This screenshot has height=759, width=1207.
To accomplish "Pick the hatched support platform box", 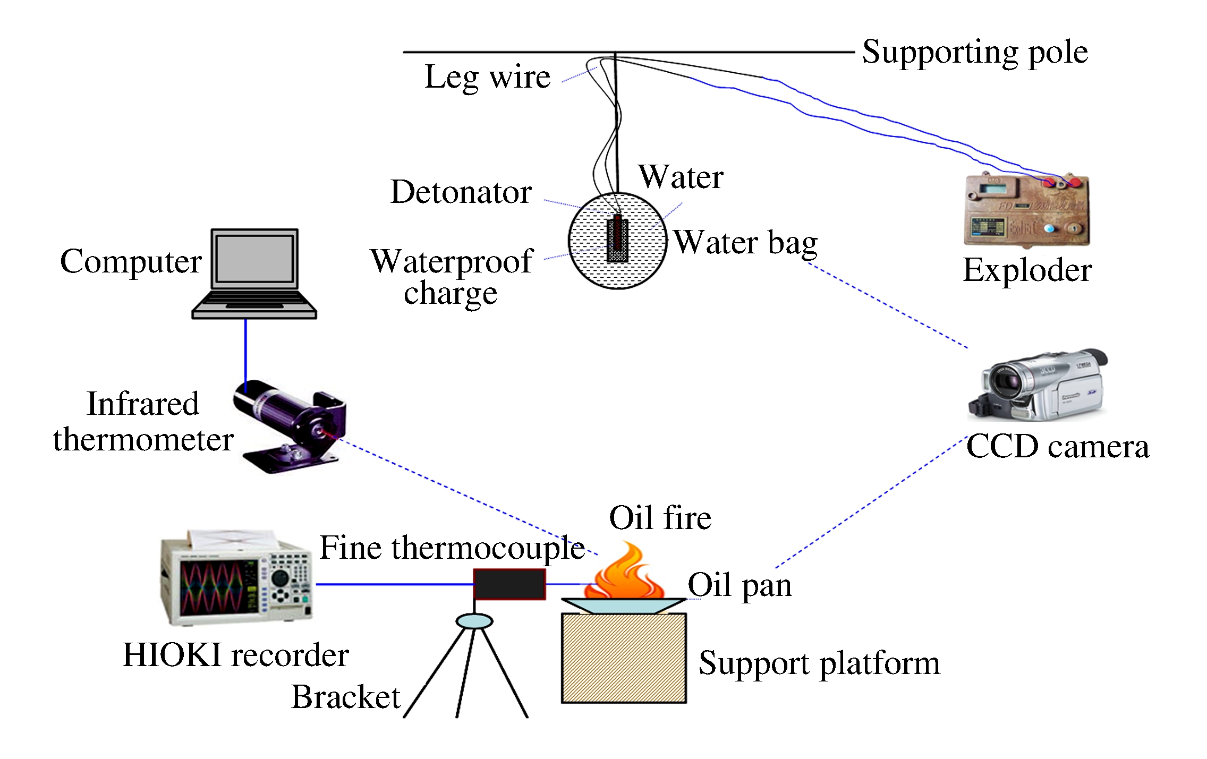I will [624, 658].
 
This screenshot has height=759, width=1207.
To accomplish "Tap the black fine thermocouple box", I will [509, 584].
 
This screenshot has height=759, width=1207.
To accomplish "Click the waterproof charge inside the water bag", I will [617, 240].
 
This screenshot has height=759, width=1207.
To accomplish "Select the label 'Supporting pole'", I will [975, 52].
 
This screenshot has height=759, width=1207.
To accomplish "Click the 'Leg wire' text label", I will [487, 78].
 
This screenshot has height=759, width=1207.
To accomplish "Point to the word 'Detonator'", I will [461, 192].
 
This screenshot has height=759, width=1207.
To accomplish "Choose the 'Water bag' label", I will [745, 243].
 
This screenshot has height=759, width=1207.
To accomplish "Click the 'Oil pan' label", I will [739, 585].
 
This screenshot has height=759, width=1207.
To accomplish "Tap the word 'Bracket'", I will [345, 697].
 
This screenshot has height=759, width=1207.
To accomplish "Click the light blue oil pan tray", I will [624, 606].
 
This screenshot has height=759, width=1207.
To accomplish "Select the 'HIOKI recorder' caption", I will [235, 654].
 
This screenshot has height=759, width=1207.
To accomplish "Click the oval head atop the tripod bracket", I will [474, 620].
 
